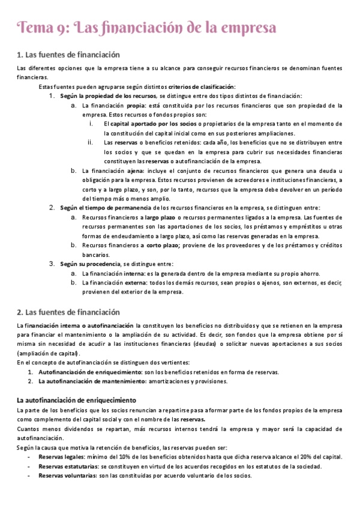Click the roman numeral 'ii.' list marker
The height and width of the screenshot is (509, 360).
[x=91, y=142]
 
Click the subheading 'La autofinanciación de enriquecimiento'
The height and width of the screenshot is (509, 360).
[x=76, y=400]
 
